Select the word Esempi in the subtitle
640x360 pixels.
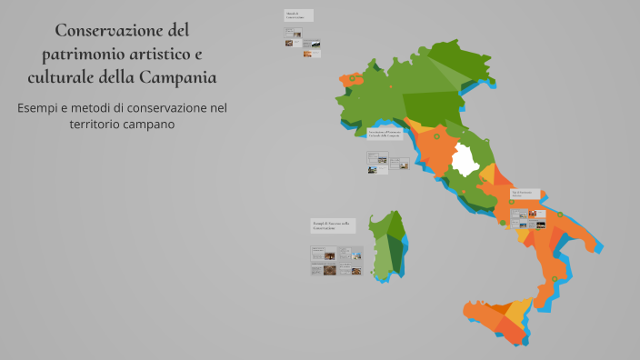pyautogui.click(x=41, y=107)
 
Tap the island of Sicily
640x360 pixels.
pyautogui.click(x=495, y=318)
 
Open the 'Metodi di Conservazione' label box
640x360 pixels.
pyautogui.click(x=298, y=15)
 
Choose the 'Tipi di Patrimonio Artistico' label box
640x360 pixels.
pyautogui.click(x=525, y=194)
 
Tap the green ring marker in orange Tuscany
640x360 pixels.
pyautogui.click(x=436, y=137)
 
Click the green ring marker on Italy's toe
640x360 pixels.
pyautogui.click(x=554, y=279)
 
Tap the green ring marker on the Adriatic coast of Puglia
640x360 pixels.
pyautogui.click(x=560, y=215)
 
